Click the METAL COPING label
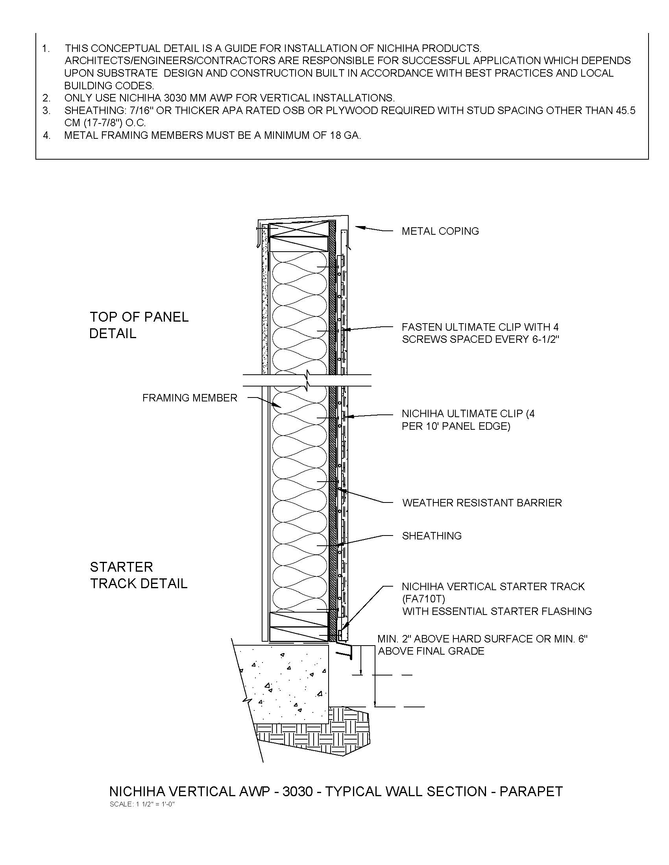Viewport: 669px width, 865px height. (x=440, y=231)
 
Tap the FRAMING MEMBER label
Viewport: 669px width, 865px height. (x=189, y=398)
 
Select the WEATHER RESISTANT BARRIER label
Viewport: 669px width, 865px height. (x=482, y=502)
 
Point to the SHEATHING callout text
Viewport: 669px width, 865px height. (x=432, y=536)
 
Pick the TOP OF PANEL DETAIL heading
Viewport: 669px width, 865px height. (x=139, y=325)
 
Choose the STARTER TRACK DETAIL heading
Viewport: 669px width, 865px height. (x=138, y=575)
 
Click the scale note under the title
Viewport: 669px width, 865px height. (x=142, y=804)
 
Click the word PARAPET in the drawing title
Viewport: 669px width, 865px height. (x=531, y=791)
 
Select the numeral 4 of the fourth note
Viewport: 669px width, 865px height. (x=47, y=136)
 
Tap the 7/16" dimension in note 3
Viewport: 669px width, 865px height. (x=141, y=110)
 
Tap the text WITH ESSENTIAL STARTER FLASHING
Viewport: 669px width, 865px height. (x=497, y=611)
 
